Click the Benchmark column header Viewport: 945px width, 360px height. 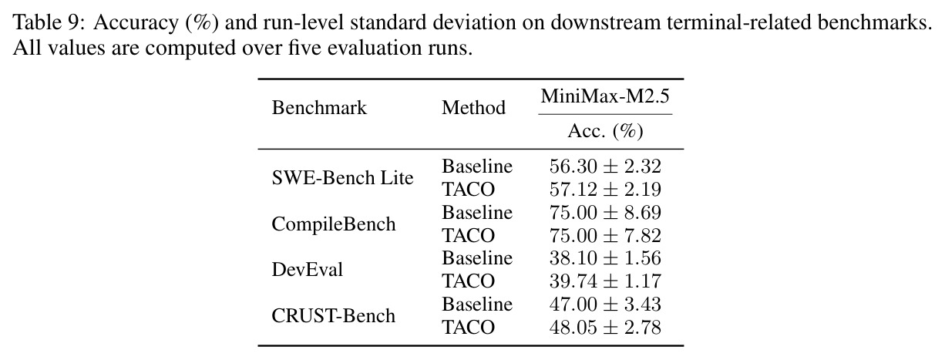coord(319,108)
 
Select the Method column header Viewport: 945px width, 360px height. coord(473,108)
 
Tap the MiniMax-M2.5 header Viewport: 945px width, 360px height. coord(605,96)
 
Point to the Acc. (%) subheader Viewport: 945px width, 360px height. coord(605,131)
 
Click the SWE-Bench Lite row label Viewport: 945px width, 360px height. coord(342,177)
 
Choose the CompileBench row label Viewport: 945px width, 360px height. coord(333,224)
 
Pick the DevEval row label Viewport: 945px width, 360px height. coord(307,270)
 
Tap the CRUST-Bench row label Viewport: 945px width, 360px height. coord(333,316)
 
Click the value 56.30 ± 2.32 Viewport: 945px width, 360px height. coord(605,167)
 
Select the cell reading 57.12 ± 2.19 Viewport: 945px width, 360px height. coord(605,190)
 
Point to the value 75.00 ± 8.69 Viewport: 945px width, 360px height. coord(605,212)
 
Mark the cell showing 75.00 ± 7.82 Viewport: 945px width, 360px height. coord(605,235)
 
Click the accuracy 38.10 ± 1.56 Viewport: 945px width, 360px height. coord(605,258)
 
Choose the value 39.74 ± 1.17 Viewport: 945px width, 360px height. coord(605,281)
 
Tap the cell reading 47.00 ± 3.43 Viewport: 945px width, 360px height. coord(605,304)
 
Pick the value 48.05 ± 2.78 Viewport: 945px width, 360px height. coord(605,328)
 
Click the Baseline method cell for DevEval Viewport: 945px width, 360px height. coord(476,258)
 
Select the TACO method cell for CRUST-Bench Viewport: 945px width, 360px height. coord(468,328)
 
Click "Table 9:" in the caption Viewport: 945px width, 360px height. coord(50,22)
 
